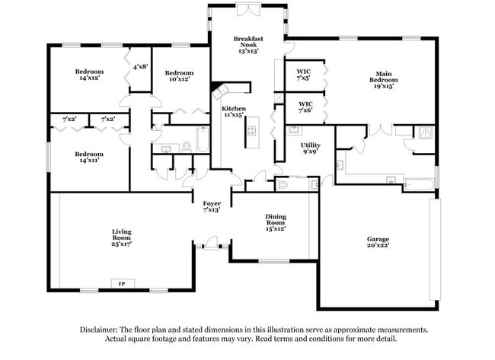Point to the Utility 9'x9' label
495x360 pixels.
click(x=310, y=148)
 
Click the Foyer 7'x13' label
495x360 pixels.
click(x=211, y=207)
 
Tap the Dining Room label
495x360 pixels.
click(x=275, y=221)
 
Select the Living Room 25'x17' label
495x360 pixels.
click(x=122, y=237)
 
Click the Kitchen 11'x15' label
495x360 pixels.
click(x=233, y=112)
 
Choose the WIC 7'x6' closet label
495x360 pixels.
click(x=305, y=107)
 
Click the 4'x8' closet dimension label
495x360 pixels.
click(x=139, y=67)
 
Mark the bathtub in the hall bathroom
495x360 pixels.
click(x=202, y=140)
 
